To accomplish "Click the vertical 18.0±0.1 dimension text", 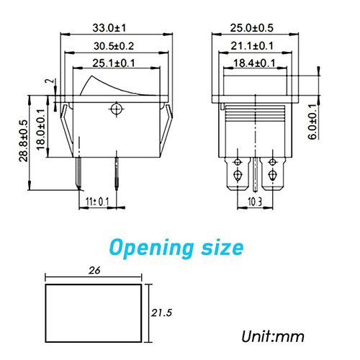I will pos(41,128).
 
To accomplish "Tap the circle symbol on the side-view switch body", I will pos(114,109).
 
